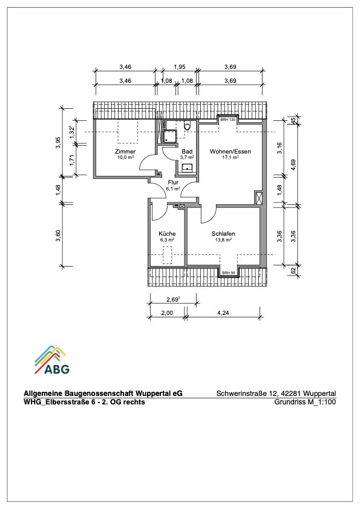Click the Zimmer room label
pyautogui.click(x=125, y=152)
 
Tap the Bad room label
pyautogui.click(x=187, y=152)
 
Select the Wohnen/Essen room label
pyautogui.click(x=230, y=152)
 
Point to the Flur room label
pyautogui.click(x=173, y=183)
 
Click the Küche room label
pyautogui.click(x=167, y=234)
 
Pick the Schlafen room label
pyautogui.click(x=223, y=234)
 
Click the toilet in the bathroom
pyautogui.click(x=188, y=126)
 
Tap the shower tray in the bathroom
pyautogui.click(x=170, y=137)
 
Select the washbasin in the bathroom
pyautogui.click(x=187, y=167)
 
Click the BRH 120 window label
pyautogui.click(x=227, y=120)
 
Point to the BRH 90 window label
pyautogui.click(x=229, y=273)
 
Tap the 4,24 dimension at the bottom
pyautogui.click(x=223, y=313)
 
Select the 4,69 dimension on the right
pyautogui.click(x=293, y=164)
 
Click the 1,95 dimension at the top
pyautogui.click(x=179, y=67)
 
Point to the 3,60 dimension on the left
pyautogui.click(x=58, y=236)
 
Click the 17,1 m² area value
pyautogui.click(x=231, y=157)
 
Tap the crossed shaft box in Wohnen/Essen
pyautogui.click(x=258, y=198)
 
